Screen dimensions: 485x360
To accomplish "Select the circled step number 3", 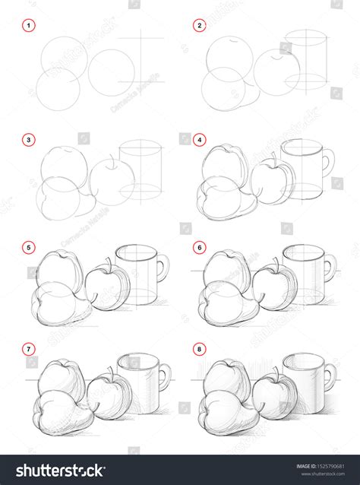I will [x=30, y=139].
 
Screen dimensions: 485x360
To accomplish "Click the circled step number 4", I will [x=199, y=139].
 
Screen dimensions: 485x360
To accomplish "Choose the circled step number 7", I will [x=30, y=349].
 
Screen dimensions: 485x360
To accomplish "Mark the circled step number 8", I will [x=199, y=349].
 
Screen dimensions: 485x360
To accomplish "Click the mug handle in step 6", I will [x=330, y=268].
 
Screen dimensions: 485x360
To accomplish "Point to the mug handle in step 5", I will [x=163, y=268].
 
